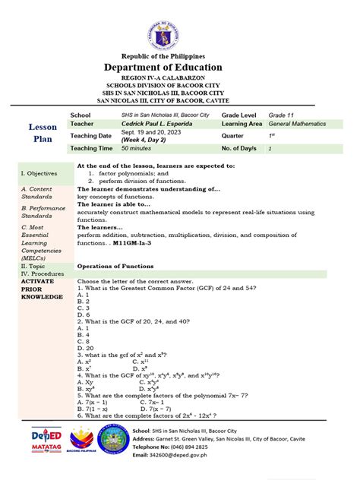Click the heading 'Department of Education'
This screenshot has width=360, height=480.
[x=180, y=68]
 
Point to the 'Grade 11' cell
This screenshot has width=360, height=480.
[x=279, y=113]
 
